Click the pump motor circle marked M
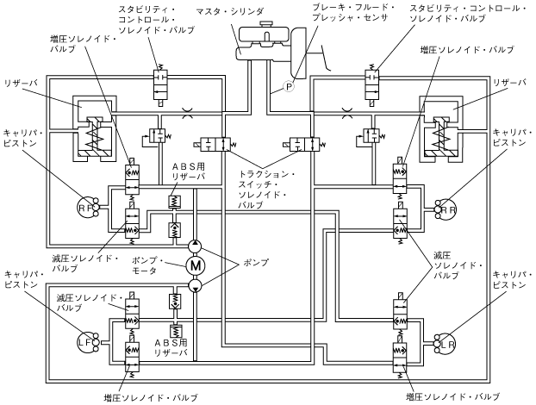pyautogui.click(x=193, y=264)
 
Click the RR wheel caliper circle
pyautogui.click(x=447, y=208)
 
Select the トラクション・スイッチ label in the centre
pyautogui.click(x=265, y=190)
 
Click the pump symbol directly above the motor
pyautogui.click(x=193, y=245)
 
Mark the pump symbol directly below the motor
pyautogui.click(x=193, y=284)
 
